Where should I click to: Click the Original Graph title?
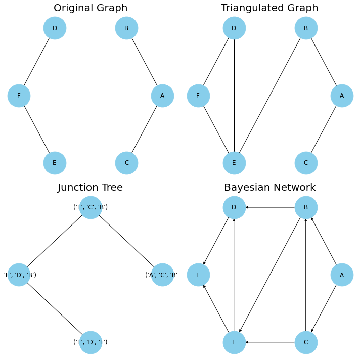(x=91, y=8)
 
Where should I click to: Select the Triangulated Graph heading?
(x=269, y=8)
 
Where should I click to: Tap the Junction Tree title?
(x=90, y=188)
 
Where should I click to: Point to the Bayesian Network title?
(x=269, y=188)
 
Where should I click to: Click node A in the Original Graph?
(x=162, y=96)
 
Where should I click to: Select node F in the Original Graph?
(x=19, y=96)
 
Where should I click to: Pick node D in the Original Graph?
(x=55, y=28)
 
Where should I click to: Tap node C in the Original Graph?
(x=126, y=163)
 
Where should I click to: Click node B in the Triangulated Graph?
(x=306, y=28)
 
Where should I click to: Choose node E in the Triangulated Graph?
(x=234, y=163)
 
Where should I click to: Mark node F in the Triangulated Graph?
(x=198, y=96)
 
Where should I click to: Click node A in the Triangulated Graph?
(x=342, y=96)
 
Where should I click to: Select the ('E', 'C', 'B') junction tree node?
(x=91, y=207)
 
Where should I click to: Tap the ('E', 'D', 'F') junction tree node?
(x=91, y=342)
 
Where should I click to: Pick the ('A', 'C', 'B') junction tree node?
(x=162, y=275)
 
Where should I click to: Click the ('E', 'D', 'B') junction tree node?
(x=19, y=275)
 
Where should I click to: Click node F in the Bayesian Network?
(x=198, y=275)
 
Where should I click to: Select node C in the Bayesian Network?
(x=306, y=342)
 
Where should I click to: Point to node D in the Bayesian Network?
(x=234, y=207)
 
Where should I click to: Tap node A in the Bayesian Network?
(x=342, y=275)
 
